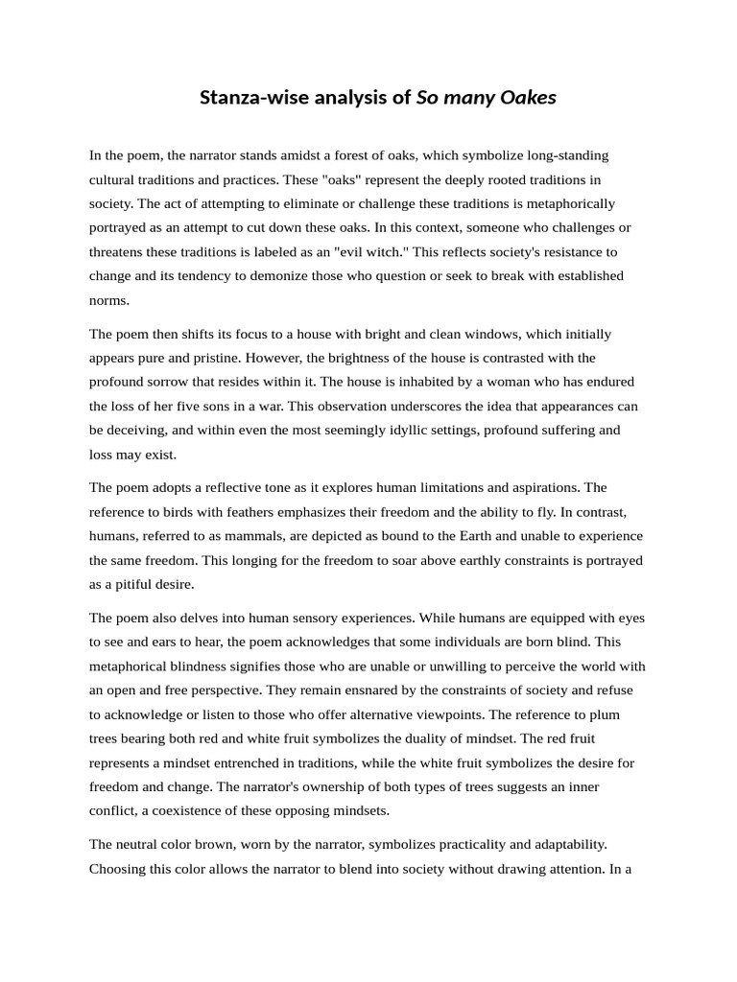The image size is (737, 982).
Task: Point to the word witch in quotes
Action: point(427,252)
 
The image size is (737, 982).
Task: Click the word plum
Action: point(627,714)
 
